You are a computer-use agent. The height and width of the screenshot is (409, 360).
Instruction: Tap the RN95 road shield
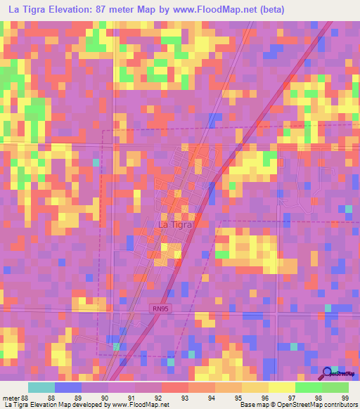click(x=160, y=307)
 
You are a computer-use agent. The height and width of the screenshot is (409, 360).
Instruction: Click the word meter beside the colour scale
click(x=11, y=398)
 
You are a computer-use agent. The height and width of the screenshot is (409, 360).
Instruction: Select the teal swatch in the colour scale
click(x=41, y=387)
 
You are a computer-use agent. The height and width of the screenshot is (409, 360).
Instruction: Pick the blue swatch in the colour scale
click(x=68, y=387)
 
